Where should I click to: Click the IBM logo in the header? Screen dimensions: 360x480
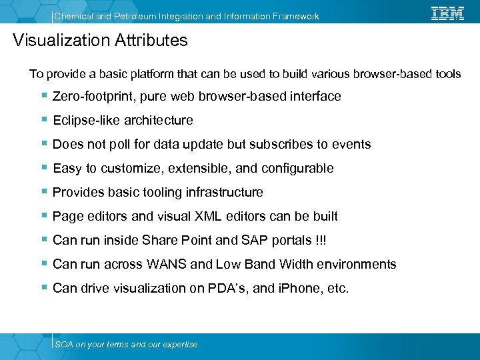tap(447, 13)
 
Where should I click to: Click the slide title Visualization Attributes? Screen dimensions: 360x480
tap(101, 41)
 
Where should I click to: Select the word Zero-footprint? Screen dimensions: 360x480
tap(94, 97)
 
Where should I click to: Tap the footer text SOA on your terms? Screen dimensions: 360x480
tap(126, 345)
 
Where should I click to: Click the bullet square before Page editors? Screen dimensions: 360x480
tap(44, 216)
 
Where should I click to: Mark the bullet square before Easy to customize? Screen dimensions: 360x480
tap(44, 168)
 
